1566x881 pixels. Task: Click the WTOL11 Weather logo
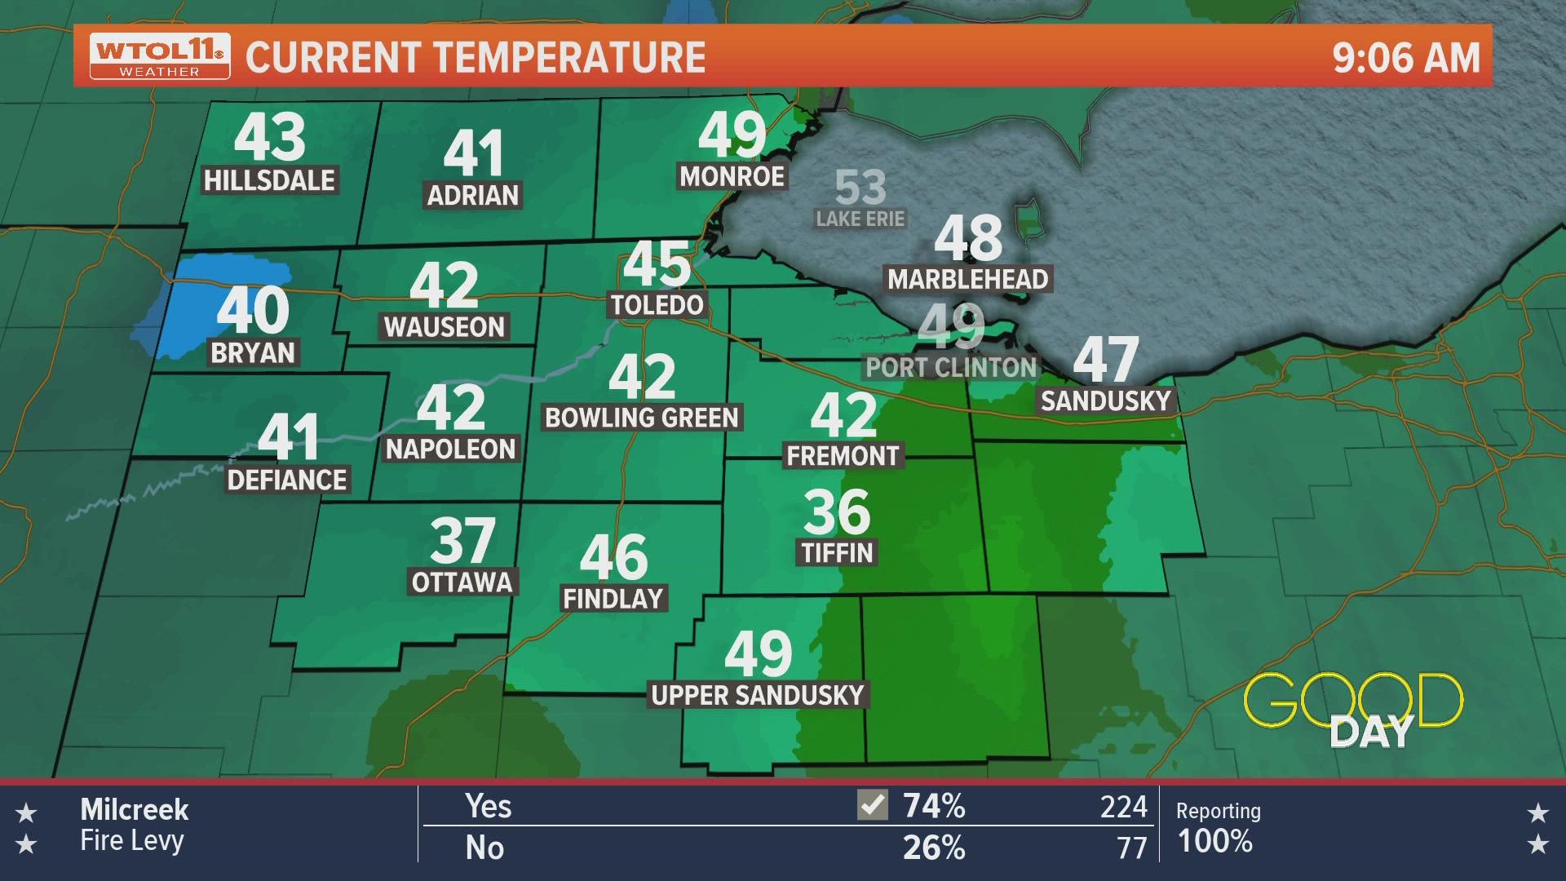coord(160,56)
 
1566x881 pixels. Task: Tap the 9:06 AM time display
coord(1405,58)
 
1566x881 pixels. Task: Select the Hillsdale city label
coord(269,180)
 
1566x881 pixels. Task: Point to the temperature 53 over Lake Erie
coord(860,188)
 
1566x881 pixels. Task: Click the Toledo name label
coord(657,305)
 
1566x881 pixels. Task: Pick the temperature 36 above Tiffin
coord(837,511)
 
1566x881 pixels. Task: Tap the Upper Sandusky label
coord(758,695)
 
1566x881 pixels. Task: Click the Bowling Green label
coord(642,418)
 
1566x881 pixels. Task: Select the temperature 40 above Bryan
coord(253,310)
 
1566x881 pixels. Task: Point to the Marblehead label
coord(968,279)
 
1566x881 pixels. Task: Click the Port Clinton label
coord(951,367)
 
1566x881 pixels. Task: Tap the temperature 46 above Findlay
coord(613,557)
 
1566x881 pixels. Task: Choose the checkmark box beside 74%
coord(873,806)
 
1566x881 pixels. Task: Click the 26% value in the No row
coord(934,848)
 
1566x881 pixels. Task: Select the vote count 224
coord(1123,807)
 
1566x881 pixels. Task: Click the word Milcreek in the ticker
coord(135,810)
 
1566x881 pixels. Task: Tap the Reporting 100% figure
coord(1214,841)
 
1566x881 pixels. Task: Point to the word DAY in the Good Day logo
coord(1371,733)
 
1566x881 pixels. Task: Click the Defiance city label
coord(287,480)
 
